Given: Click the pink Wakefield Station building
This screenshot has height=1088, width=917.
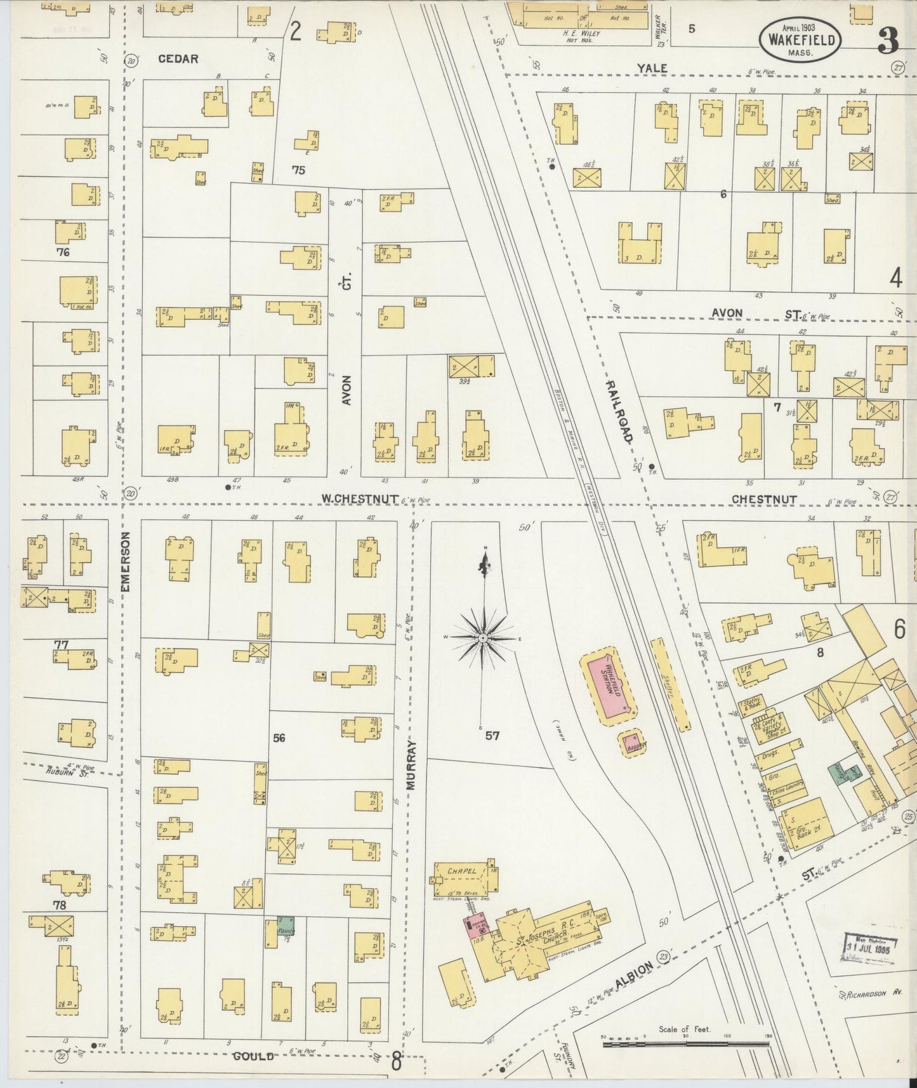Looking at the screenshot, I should (609, 687).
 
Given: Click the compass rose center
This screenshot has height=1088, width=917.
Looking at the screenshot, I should (484, 637).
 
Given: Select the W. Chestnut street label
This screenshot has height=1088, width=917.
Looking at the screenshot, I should (359, 499).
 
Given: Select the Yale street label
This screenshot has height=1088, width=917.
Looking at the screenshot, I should (652, 68).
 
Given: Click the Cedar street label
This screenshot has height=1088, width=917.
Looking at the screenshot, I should (178, 58).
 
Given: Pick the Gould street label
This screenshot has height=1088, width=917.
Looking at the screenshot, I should (253, 1056).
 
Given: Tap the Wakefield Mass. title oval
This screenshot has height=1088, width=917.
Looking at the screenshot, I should (801, 39).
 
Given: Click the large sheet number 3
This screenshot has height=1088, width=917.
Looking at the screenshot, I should (887, 41).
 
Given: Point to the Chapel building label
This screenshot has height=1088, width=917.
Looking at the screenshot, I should (461, 871).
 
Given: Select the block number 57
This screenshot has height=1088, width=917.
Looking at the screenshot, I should (492, 736).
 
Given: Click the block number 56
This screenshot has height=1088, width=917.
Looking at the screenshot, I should (279, 738).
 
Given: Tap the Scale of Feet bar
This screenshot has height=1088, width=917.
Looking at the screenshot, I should (685, 1042).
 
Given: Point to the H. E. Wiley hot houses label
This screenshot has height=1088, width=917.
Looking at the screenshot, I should (582, 34).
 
